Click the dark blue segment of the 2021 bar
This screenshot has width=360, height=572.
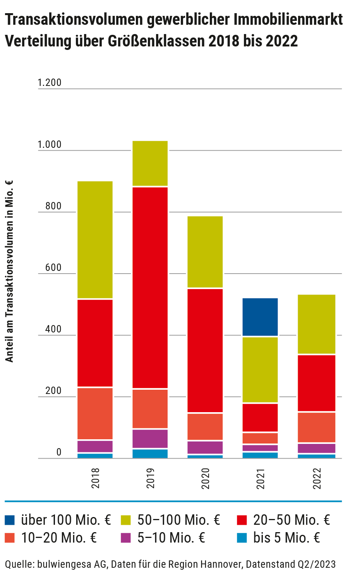260,317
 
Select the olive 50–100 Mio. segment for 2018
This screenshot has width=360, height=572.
95,240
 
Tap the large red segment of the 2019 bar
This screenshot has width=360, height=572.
150,288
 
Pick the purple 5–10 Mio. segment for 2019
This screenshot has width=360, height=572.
150,438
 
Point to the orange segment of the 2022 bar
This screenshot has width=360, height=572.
317,427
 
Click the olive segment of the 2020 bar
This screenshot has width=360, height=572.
205,252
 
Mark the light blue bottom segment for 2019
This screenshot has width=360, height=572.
150,454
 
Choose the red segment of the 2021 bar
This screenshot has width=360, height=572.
260,418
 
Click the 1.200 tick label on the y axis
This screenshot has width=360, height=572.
50,83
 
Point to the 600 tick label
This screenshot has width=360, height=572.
53,267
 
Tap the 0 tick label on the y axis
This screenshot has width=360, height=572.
59,452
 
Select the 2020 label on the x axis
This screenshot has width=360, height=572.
206,478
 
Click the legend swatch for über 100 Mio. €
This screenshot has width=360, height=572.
10,520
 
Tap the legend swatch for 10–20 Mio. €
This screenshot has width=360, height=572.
10,538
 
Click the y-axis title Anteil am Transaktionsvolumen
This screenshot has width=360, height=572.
9,271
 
